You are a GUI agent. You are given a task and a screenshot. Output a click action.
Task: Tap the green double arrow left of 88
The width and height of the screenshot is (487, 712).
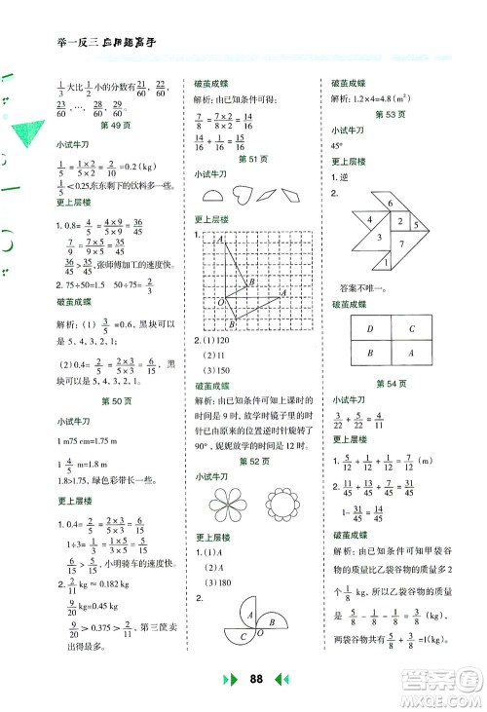[230, 679]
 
